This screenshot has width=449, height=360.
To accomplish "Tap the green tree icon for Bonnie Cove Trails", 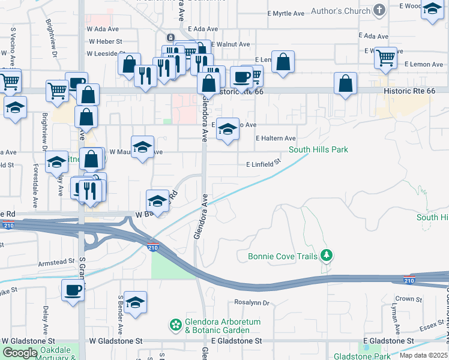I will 326,256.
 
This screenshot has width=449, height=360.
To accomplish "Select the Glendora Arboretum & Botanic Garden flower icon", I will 175,326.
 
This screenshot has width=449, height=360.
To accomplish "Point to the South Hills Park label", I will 318,149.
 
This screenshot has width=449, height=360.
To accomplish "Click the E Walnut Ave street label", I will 229,44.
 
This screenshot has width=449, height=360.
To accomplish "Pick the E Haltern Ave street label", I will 276,138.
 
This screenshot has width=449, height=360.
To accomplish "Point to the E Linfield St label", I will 264,163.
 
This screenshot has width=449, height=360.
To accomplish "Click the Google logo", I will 20,353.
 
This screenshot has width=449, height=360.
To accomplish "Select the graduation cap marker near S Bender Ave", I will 136,304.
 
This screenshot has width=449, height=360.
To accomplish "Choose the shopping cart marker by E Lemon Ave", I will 385,58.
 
